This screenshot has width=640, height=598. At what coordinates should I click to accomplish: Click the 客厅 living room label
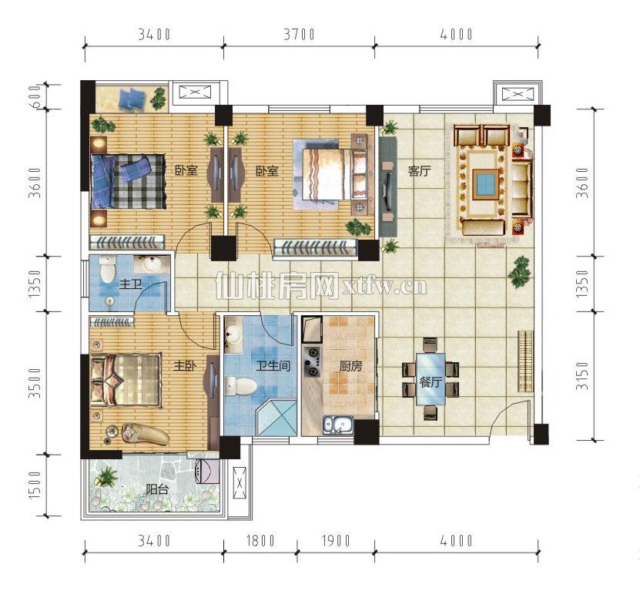[419, 171]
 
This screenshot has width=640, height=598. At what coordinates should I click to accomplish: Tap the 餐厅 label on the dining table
[431, 382]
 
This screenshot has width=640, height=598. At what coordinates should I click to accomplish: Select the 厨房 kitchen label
[350, 366]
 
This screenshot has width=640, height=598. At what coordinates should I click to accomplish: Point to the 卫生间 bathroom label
[273, 365]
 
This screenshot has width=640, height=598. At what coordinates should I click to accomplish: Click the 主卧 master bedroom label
[186, 365]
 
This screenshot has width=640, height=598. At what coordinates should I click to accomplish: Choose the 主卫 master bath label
[131, 284]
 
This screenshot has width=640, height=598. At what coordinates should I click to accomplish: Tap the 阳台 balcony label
[157, 489]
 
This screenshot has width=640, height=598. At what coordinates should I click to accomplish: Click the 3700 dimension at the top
[299, 35]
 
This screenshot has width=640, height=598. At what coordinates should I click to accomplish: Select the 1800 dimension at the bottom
[260, 541]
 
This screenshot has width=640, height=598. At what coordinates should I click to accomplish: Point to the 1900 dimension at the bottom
[336, 541]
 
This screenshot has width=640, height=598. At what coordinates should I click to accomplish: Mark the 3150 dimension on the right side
[583, 376]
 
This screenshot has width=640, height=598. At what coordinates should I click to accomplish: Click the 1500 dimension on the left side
[35, 485]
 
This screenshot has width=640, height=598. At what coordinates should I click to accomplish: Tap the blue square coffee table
[486, 184]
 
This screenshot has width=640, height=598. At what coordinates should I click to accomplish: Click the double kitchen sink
[338, 425]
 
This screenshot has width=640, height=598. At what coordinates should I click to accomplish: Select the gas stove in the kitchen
[312, 361]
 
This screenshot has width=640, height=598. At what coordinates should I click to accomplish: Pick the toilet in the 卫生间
[241, 386]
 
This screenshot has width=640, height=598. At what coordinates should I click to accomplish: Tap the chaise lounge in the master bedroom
[146, 434]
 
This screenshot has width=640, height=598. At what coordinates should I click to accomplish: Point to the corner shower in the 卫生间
[276, 418]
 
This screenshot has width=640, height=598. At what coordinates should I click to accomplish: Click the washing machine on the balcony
[208, 472]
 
